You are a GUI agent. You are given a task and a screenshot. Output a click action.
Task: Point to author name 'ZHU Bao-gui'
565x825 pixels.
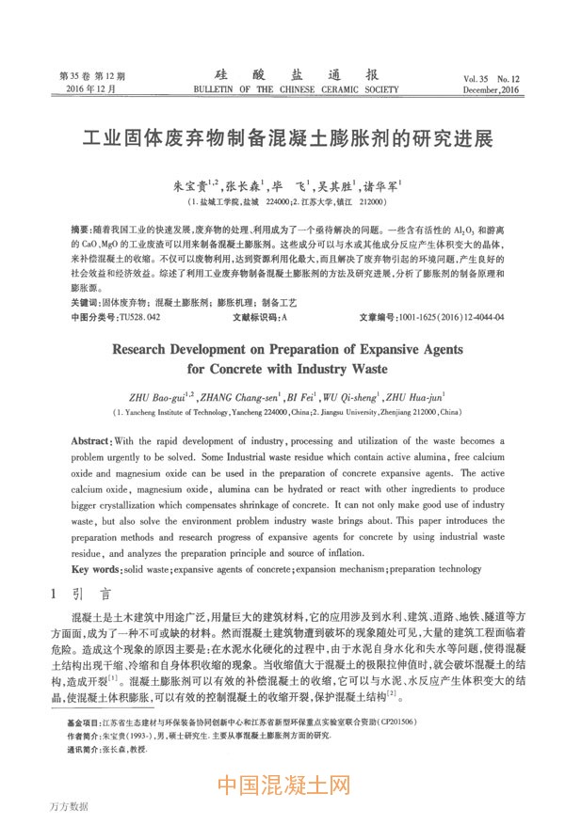coord(153,397)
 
